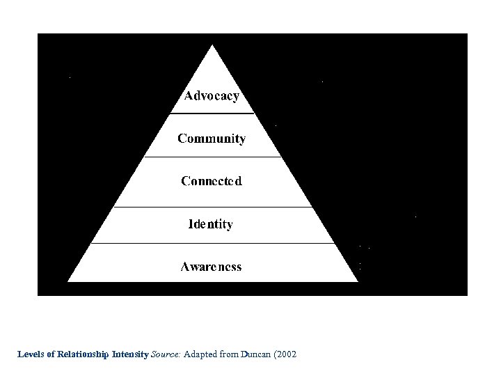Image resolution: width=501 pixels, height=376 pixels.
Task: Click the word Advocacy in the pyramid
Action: click(212, 96)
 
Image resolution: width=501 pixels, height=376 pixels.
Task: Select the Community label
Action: click(212, 139)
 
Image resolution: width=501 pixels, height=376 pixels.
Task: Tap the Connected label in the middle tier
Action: click(212, 181)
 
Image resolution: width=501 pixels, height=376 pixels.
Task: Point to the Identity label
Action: click(211, 224)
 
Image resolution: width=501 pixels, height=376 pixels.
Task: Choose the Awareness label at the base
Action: click(212, 267)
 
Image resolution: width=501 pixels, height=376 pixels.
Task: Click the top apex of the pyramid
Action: click(212, 46)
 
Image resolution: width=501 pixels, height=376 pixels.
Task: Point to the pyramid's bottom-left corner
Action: click(69, 281)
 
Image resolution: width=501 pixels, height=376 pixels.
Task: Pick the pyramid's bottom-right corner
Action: click(357, 281)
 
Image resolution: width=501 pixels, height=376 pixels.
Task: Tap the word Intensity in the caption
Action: click(129, 354)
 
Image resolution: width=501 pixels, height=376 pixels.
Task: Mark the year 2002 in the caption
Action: click(287, 354)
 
